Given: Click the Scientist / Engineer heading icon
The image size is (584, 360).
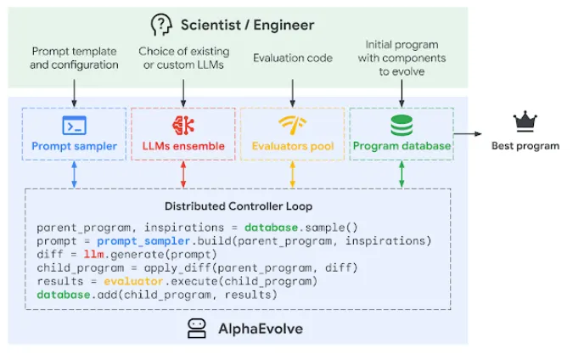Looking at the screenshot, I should [160, 24].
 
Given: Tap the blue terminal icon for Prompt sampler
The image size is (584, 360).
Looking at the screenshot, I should [74, 126].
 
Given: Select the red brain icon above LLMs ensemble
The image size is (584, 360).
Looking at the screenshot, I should [183, 126].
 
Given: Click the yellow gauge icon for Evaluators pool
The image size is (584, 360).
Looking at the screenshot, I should [292, 126].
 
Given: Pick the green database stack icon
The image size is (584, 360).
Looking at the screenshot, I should [401, 126].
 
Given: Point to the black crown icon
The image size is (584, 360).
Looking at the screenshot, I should [525, 122].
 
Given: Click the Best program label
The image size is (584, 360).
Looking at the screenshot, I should [525, 146].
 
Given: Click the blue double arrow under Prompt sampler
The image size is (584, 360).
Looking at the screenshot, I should [74, 174].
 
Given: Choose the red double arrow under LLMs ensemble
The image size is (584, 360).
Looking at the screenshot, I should [183, 174].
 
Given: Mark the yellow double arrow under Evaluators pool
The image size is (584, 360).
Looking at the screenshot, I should [293, 174].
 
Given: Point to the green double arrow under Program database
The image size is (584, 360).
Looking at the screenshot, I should [401, 174].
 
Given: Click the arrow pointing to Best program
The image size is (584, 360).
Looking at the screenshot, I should [469, 133].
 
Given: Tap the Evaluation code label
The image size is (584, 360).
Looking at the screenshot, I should [292, 58].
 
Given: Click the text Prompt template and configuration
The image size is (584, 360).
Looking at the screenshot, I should [75, 58].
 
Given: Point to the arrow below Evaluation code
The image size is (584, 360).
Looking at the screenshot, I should [292, 91].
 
